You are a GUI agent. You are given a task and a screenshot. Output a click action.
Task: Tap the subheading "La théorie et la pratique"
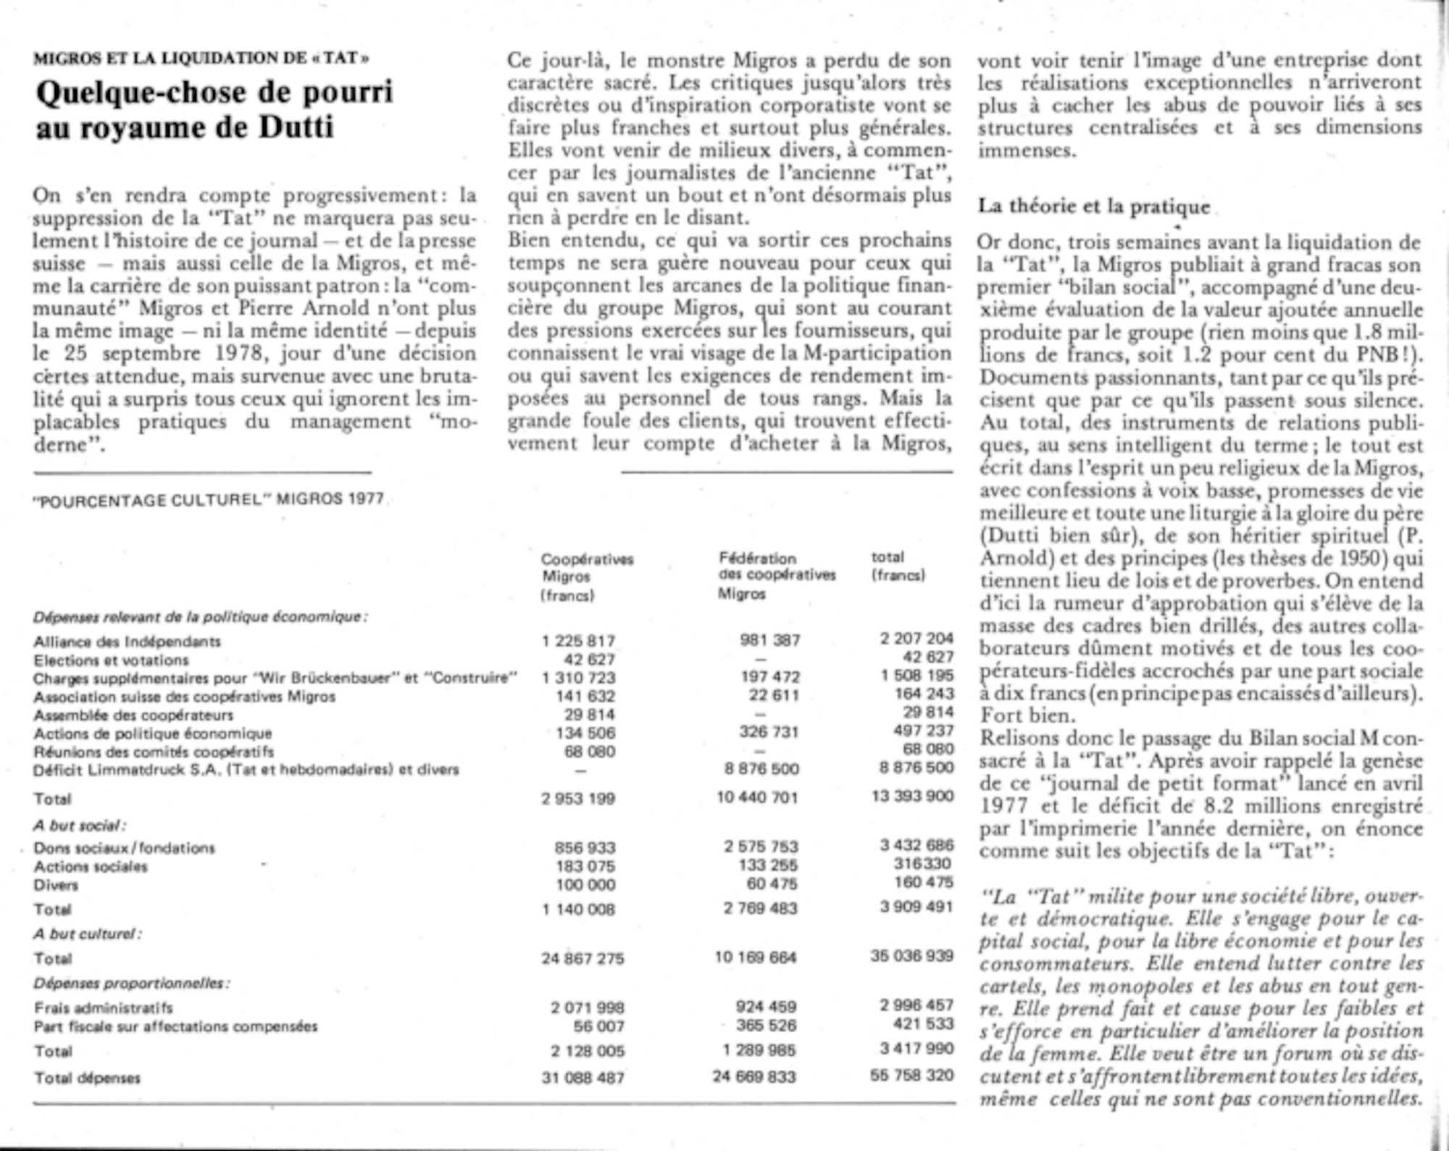[1093, 207]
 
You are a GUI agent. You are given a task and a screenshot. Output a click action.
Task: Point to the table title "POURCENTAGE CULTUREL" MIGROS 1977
[209, 500]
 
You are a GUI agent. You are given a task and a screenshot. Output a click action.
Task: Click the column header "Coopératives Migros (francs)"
[587, 577]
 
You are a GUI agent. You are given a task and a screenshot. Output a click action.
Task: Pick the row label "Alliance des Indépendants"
[127, 641]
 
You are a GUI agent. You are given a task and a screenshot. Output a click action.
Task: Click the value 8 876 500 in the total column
[916, 768]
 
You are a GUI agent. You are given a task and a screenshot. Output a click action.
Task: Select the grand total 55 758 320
[911, 1075]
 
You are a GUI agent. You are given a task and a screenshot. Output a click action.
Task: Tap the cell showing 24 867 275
[582, 958]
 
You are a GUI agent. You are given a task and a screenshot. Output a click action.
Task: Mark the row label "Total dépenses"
[87, 1078]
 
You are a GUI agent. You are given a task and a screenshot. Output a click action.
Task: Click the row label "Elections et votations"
[111, 660]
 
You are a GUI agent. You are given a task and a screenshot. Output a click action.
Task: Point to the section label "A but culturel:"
[88, 934]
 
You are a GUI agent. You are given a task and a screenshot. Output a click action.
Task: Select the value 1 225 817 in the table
[578, 641]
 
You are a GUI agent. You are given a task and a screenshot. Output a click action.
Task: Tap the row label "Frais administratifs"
[103, 1007]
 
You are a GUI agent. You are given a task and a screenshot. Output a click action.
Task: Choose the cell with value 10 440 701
[756, 798]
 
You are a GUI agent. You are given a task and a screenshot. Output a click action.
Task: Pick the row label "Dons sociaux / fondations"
[124, 848]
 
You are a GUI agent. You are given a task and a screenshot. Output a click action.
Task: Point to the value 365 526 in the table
[766, 1026]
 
